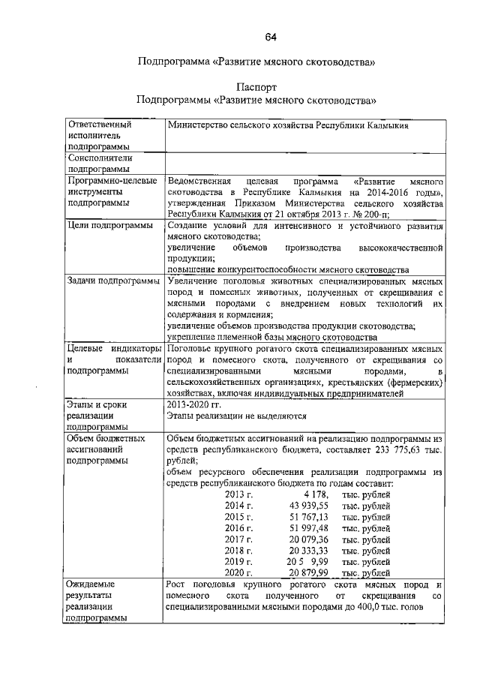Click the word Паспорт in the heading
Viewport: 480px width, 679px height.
point(256,87)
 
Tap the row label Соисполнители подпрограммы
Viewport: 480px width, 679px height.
point(100,164)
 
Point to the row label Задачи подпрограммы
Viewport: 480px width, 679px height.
point(112,281)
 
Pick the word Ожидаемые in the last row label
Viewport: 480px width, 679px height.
point(93,584)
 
